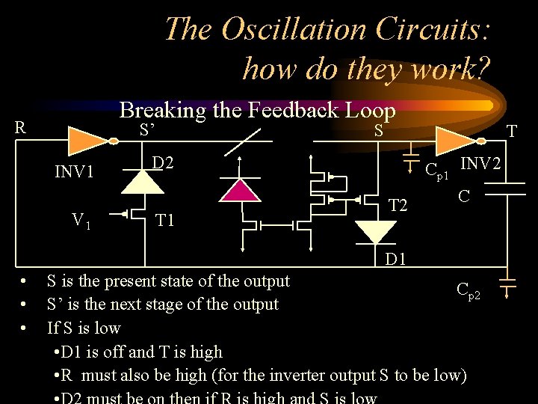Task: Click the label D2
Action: click(164, 162)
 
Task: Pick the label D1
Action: click(396, 260)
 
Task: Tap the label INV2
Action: click(481, 162)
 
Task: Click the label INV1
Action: click(74, 173)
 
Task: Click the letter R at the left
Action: click(20, 127)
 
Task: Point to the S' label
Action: click(147, 130)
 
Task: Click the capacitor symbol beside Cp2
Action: click(507, 282)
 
